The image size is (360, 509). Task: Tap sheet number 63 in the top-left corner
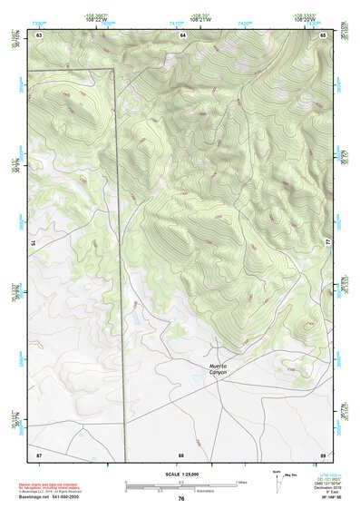coord(39,34)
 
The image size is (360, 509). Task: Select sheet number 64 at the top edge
coord(181,34)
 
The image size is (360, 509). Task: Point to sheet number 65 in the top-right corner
coord(323,34)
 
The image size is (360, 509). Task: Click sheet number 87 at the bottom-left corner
coord(39,454)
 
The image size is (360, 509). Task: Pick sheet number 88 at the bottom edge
coord(181,454)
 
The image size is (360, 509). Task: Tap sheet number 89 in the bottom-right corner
coord(323,454)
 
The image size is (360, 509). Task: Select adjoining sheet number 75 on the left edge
coord(32,243)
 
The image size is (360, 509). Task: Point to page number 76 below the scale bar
coord(181,499)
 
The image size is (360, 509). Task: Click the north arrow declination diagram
coord(277,477)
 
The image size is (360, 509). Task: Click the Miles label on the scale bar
coord(240,482)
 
